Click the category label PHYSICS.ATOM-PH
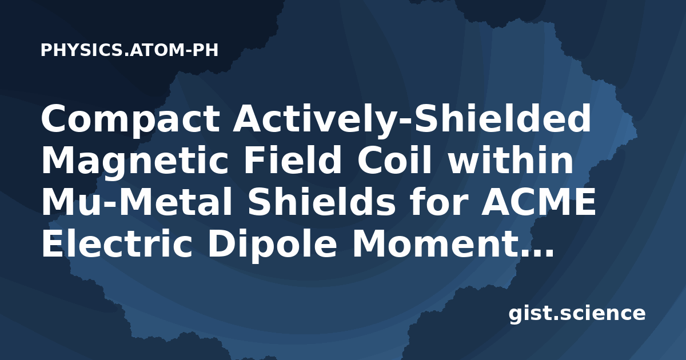click(x=129, y=50)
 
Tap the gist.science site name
click(x=577, y=314)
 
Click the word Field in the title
click(x=292, y=159)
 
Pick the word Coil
click(x=394, y=159)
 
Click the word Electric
click(x=117, y=243)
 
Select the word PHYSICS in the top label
click(x=82, y=50)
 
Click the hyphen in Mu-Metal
click(x=111, y=205)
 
